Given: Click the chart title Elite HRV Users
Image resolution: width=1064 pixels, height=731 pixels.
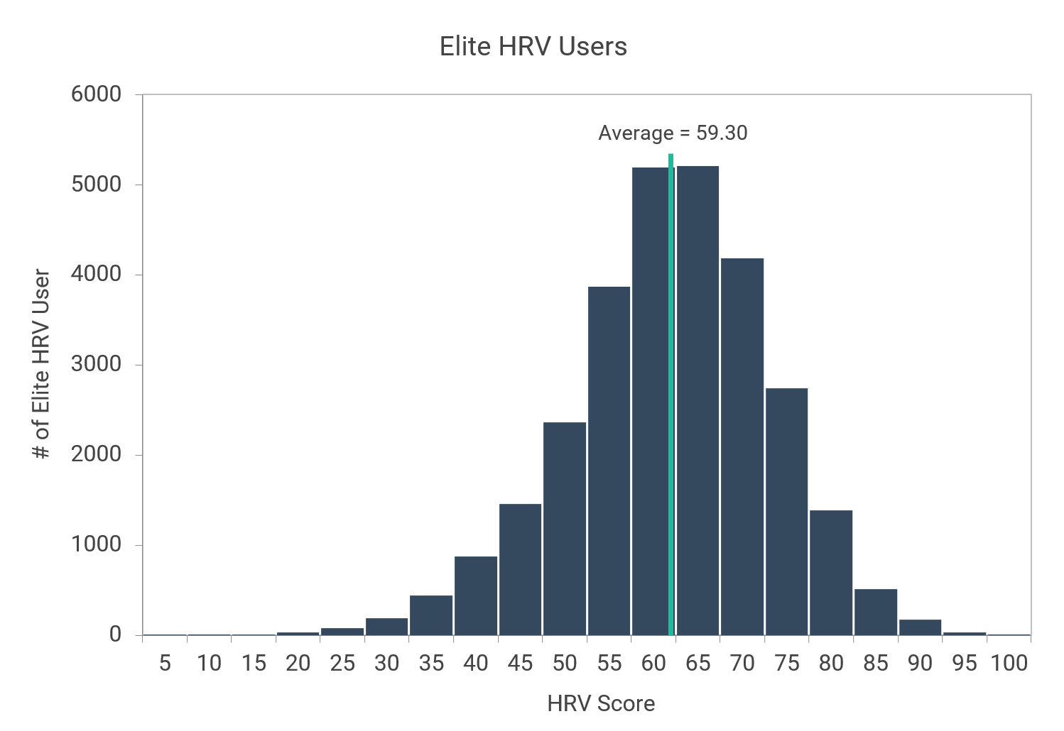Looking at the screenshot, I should pyautogui.click(x=533, y=47).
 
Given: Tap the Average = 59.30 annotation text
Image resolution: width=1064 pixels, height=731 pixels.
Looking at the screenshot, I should pyautogui.click(x=672, y=133).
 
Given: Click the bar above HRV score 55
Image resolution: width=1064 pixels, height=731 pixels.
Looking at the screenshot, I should pyautogui.click(x=609, y=461).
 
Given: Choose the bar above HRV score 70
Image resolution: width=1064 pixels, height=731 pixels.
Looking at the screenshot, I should pyautogui.click(x=742, y=447).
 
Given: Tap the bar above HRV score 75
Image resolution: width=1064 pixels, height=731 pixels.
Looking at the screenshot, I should pyautogui.click(x=786, y=511).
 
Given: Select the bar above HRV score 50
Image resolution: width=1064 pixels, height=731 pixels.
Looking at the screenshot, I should pyautogui.click(x=565, y=529).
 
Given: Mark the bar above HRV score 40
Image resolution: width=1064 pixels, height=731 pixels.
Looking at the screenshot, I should pyautogui.click(x=476, y=595).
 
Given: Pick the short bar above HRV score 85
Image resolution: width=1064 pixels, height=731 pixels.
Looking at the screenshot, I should pyautogui.click(x=876, y=612).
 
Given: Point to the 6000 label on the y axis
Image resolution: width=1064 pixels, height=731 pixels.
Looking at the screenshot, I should pyautogui.click(x=96, y=94).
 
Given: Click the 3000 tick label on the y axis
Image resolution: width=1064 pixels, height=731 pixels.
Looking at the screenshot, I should pyautogui.click(x=96, y=365).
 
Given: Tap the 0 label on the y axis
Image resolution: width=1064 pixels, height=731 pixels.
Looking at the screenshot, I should pyautogui.click(x=115, y=634).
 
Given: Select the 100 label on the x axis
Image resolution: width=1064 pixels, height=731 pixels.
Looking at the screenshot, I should pyautogui.click(x=1009, y=664).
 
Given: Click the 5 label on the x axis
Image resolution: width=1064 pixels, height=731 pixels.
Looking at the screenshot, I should pyautogui.click(x=165, y=664).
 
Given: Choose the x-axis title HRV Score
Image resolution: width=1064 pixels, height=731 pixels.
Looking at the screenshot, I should pyautogui.click(x=601, y=704).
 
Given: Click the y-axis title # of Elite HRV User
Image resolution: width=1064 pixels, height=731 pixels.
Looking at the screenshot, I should pyautogui.click(x=42, y=363).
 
